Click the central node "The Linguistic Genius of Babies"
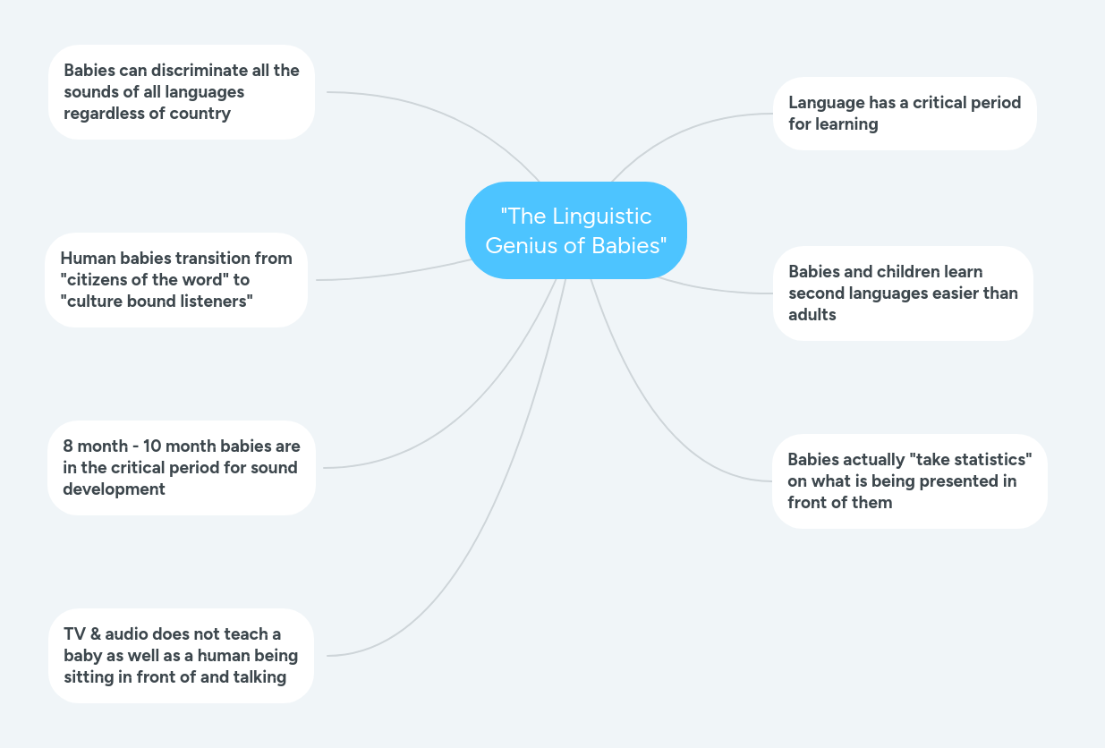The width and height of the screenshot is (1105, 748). pyautogui.click(x=575, y=230)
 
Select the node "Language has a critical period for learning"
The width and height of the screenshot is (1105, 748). pyautogui.click(x=904, y=114)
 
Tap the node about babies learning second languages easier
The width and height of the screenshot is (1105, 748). pyautogui.click(x=902, y=293)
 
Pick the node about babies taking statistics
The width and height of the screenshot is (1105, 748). pyautogui.click(x=909, y=480)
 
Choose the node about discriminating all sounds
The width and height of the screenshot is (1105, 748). pyautogui.click(x=181, y=92)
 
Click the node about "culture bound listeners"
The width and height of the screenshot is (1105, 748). pyautogui.click(x=175, y=280)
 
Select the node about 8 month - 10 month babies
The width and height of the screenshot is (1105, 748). pyautogui.click(x=181, y=468)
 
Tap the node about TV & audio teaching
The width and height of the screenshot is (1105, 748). pyautogui.click(x=181, y=656)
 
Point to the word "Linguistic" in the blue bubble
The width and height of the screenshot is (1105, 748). pyautogui.click(x=601, y=217)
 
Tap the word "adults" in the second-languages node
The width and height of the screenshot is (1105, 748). pyautogui.click(x=812, y=315)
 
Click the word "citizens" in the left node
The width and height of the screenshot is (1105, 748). pyautogui.click(x=96, y=280)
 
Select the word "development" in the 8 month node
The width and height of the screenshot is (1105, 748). pyautogui.click(x=114, y=489)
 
